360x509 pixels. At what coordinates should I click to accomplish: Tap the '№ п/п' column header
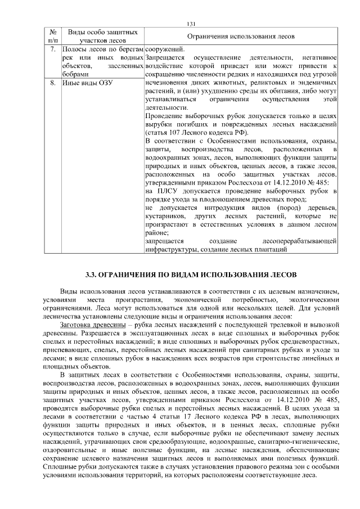(52, 36)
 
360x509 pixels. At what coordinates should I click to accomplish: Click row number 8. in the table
(52, 83)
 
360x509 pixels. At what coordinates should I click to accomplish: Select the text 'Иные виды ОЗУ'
(89, 83)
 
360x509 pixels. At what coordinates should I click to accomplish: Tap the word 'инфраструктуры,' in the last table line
(172, 249)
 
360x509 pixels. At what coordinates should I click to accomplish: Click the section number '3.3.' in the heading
(93, 275)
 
